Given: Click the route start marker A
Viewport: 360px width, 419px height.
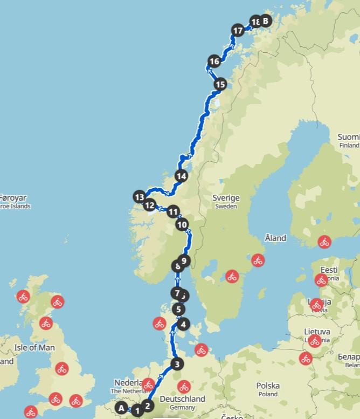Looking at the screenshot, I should coord(122,408).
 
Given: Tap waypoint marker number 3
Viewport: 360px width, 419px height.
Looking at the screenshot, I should coord(176,364).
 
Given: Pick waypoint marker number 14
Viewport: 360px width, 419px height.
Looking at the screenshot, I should coord(181,176).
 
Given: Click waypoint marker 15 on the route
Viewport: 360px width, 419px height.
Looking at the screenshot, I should coord(219,84).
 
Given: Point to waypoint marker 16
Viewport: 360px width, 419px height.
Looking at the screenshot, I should coord(214,61).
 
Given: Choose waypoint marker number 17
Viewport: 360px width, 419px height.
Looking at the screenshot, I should coord(237,31).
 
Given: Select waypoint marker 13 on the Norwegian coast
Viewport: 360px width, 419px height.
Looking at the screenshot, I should coord(140,197).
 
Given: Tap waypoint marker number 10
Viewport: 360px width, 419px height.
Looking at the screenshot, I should coord(182,224).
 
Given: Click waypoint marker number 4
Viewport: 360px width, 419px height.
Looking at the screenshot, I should coord(184,324).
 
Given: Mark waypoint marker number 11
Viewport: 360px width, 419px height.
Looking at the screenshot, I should coord(172,211).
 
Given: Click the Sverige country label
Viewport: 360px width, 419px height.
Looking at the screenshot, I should coord(226,198).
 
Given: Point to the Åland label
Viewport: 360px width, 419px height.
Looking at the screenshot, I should coord(275,238).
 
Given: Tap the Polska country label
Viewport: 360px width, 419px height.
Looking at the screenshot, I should coord(268,386).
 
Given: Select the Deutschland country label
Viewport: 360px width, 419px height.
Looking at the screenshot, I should coord(182,399).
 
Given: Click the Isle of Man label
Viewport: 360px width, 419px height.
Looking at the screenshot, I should coord(34,348).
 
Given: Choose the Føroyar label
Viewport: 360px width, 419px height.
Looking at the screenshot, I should coord(13,198).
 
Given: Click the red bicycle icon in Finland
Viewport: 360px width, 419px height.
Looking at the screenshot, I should coord(324,242).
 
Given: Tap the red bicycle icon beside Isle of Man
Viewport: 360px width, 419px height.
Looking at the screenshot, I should coord(46,324).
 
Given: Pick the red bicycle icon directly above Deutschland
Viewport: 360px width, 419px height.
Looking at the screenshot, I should coord(184,387).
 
